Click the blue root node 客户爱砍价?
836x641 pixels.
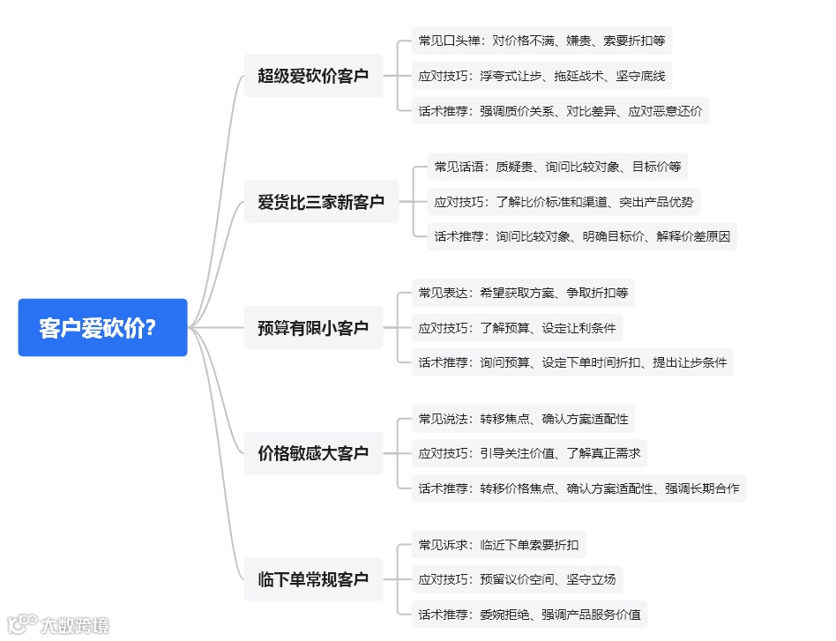(x=102, y=327)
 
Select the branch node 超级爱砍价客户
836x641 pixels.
(x=313, y=76)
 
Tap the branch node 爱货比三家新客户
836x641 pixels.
(x=321, y=202)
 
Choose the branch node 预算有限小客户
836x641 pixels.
(x=313, y=328)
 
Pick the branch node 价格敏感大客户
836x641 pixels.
(x=313, y=453)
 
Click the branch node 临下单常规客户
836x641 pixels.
(x=313, y=579)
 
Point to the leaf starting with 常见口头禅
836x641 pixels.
(x=541, y=41)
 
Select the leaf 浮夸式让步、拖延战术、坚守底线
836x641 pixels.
(x=541, y=76)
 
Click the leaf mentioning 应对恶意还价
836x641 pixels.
(x=560, y=111)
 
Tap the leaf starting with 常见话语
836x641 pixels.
(x=557, y=167)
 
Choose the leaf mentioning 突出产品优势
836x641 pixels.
(x=564, y=202)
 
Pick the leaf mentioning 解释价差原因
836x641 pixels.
(x=582, y=236)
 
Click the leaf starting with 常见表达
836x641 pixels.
(x=523, y=293)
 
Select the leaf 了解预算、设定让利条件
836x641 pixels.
(x=517, y=328)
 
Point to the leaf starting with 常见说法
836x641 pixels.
(x=523, y=419)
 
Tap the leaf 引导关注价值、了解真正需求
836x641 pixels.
(x=529, y=453)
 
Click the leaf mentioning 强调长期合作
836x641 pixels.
(x=578, y=488)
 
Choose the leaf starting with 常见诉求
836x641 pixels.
(x=498, y=545)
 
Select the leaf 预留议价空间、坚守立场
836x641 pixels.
(x=517, y=579)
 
